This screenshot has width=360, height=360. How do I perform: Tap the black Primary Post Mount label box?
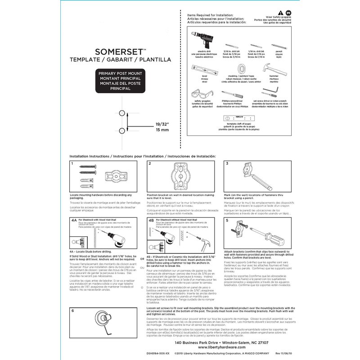120,81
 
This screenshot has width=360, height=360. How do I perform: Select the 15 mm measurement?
162,130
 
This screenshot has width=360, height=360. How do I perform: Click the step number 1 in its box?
72,163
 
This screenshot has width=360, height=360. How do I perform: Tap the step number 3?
227,163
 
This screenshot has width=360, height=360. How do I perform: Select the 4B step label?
151,221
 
